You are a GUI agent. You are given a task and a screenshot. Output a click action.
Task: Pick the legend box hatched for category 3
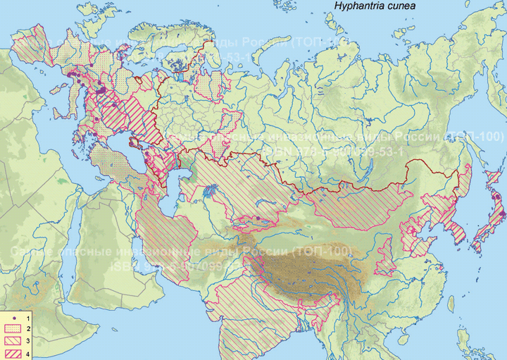tap(13, 340)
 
